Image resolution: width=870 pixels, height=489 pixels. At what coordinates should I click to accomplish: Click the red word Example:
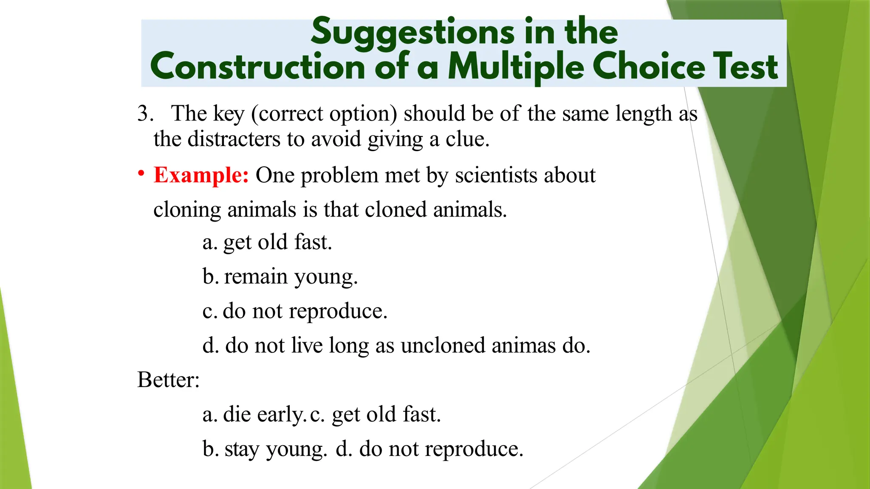point(201,175)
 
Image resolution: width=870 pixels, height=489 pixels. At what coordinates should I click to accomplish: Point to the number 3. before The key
point(145,113)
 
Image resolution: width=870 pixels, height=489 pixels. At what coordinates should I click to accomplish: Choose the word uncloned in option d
point(443,345)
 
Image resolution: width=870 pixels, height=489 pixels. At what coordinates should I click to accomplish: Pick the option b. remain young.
point(280,277)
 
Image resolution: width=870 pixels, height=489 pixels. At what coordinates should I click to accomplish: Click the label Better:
point(168,379)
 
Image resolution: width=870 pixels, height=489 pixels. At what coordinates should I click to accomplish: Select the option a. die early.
point(254,414)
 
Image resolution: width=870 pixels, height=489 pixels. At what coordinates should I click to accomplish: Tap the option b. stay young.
point(265,449)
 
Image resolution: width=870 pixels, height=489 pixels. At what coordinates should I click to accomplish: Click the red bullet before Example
point(141,174)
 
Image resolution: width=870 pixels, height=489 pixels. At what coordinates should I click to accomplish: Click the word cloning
point(187,210)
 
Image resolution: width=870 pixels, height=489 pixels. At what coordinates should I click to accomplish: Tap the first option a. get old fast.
point(267,242)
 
